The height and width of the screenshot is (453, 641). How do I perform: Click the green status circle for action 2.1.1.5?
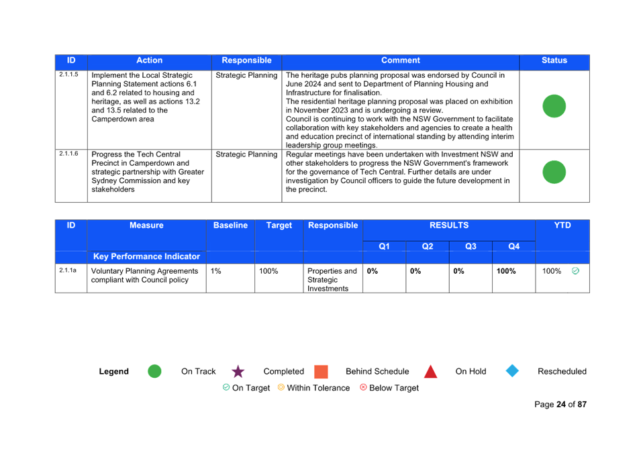pos(554,106)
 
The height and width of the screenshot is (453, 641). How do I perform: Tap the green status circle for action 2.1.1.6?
pos(554,172)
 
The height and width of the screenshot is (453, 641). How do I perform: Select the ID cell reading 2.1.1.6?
pos(68,154)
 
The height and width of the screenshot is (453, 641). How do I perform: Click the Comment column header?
pos(400,60)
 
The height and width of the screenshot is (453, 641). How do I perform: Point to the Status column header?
pos(554,60)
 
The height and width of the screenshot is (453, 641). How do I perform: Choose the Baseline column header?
pos(231,225)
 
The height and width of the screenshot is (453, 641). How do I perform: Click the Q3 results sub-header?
pos(471,246)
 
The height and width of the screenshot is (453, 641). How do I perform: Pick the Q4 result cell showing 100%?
pos(506,271)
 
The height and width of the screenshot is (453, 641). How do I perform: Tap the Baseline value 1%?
pos(216,271)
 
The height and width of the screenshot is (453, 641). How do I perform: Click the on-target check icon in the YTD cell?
pos(575,270)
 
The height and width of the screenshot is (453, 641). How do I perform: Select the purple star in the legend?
pos(238,372)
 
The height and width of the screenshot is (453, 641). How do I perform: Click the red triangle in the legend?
pos(430,371)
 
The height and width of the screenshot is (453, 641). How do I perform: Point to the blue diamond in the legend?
pos(512,371)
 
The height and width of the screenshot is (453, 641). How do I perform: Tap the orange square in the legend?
pos(321,372)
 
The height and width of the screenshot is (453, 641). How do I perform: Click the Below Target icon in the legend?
pos(363,387)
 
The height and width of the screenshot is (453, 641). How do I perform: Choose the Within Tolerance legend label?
pos(318,388)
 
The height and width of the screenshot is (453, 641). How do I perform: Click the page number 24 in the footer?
pos(561,405)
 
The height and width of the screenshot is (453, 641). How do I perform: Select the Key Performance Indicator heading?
pos(146,257)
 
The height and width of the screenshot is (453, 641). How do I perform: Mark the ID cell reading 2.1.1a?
pos(67,270)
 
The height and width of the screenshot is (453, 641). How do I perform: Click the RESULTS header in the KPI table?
pos(449,225)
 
